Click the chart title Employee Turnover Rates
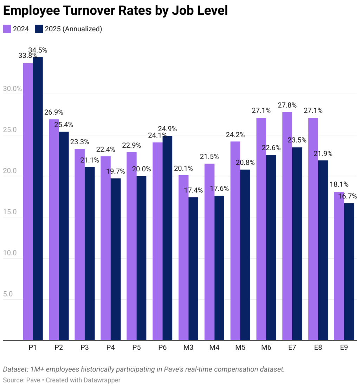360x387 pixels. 115,11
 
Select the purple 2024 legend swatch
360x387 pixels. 7,29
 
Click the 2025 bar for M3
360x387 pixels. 193,269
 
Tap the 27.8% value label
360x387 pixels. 287,105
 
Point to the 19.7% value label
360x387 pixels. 116,172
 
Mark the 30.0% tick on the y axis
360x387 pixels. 12,89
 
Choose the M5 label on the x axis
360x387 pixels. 240,348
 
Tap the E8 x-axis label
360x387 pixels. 318,348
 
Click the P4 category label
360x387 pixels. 111,348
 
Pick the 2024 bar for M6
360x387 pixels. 261,229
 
